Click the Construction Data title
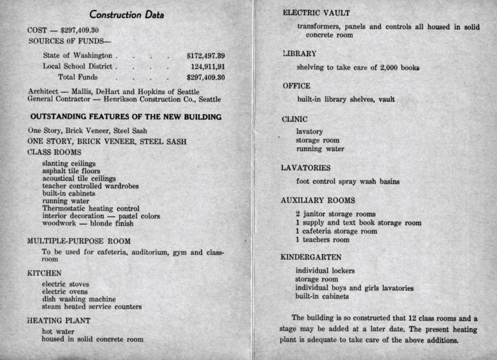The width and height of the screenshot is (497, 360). [127, 15]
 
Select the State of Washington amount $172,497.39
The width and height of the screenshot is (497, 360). [205, 56]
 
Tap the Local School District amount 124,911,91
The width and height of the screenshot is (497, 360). [208, 67]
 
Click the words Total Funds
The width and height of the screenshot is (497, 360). [78, 77]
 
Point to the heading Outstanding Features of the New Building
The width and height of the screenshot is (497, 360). [126, 117]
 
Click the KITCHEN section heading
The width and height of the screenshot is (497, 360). [44, 274]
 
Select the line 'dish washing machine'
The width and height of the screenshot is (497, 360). [79, 299]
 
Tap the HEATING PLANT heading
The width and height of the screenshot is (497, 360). [58, 321]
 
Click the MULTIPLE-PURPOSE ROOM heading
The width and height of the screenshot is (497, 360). [79, 241]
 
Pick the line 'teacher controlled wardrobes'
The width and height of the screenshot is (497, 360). [90, 186]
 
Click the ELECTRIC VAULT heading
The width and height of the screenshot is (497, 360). [316, 13]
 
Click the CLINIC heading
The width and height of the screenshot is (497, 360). [295, 119]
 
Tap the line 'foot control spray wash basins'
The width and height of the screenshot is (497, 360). [348, 182]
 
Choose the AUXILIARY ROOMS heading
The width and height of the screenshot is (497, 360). [318, 200]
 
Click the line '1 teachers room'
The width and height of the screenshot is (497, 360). [322, 240]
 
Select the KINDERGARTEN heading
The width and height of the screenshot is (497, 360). [311, 257]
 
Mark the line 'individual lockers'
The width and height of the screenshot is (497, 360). [325, 271]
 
